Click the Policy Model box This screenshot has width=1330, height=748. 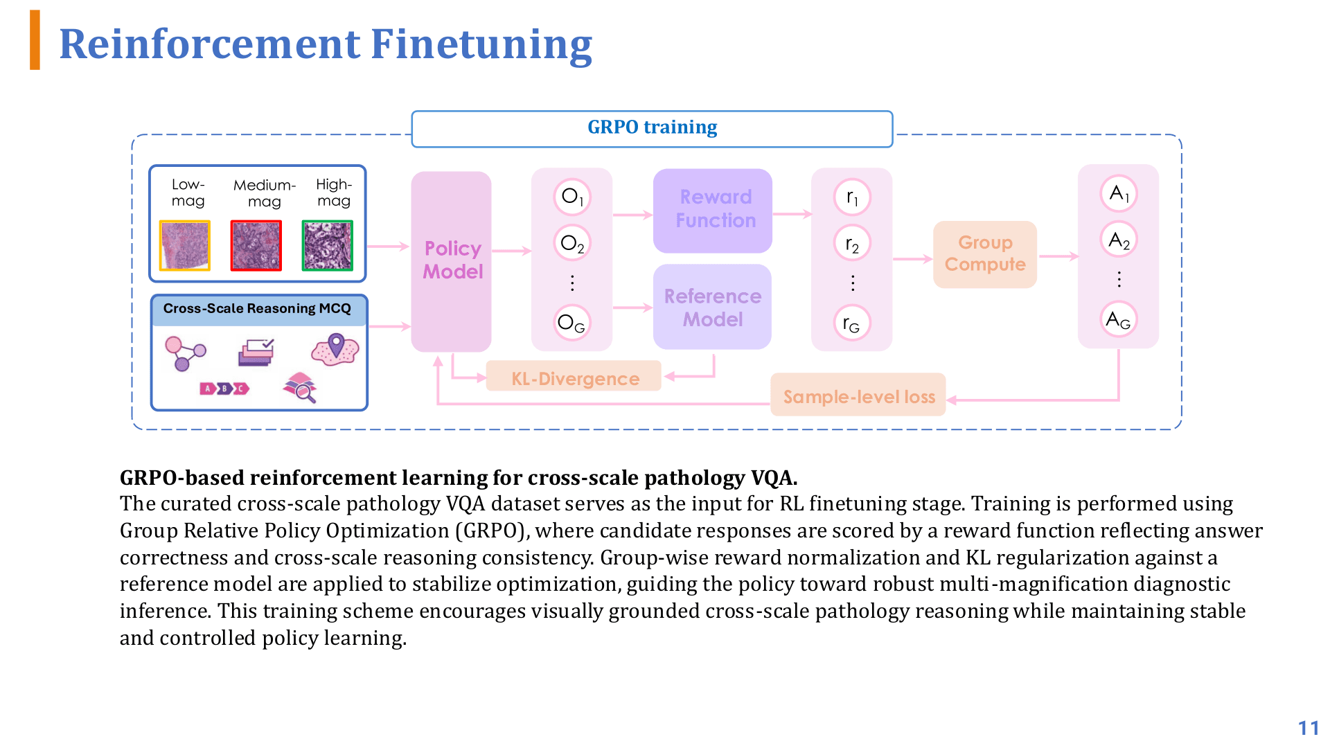click(451, 260)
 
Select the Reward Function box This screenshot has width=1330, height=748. click(712, 209)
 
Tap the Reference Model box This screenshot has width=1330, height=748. click(712, 307)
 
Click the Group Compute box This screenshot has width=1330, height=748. click(984, 254)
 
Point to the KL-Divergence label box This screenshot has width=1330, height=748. click(574, 377)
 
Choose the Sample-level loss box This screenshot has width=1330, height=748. click(858, 396)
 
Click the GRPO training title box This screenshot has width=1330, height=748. click(652, 128)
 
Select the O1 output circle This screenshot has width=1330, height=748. click(572, 197)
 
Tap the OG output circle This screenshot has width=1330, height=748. click(572, 323)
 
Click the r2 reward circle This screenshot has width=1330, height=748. click(852, 244)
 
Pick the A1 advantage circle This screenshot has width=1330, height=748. click(1119, 194)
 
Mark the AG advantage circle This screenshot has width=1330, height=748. click(1119, 319)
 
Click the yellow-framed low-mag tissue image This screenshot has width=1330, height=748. click(185, 246)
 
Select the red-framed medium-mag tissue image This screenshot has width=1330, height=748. click(256, 246)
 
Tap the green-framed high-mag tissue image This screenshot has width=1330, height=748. click(328, 246)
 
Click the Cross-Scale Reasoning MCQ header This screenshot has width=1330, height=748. click(258, 309)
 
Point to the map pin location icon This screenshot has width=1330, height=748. click(336, 346)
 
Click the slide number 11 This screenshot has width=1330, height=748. click(1308, 728)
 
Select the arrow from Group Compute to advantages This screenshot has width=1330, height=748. click(1058, 256)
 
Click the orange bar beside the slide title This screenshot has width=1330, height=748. click(35, 40)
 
